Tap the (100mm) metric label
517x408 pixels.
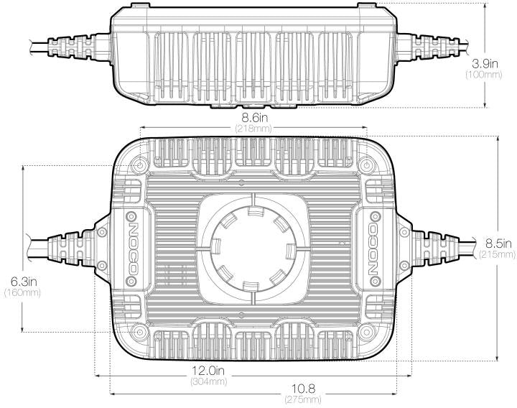click(x=483, y=74)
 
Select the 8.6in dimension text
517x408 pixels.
click(x=254, y=118)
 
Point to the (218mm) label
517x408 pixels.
click(x=254, y=128)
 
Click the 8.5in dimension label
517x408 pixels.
click(x=498, y=244)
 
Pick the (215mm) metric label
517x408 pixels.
click(x=497, y=254)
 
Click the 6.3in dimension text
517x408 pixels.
click(x=23, y=282)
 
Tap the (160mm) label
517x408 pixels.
click(x=22, y=292)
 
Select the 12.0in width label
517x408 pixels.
click(x=208, y=371)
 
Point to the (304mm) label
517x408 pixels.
click(x=209, y=381)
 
